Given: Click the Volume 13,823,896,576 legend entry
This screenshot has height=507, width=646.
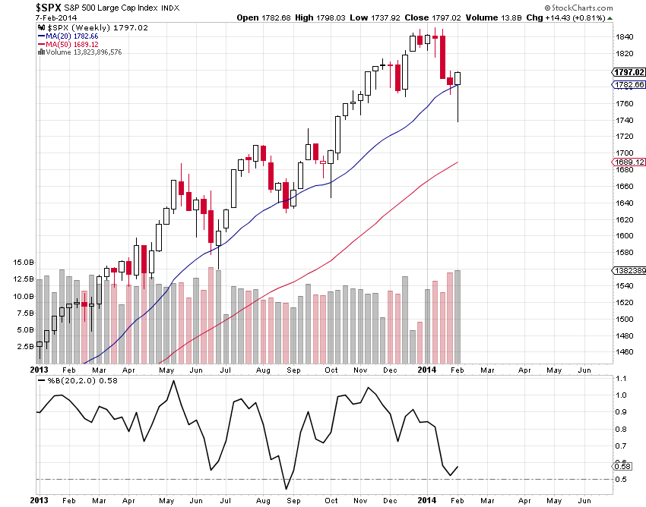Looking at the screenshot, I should (x=83, y=52).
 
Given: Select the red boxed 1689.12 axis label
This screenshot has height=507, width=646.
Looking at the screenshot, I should (x=628, y=162).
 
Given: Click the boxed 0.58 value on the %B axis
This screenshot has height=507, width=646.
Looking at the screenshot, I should (x=622, y=465).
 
